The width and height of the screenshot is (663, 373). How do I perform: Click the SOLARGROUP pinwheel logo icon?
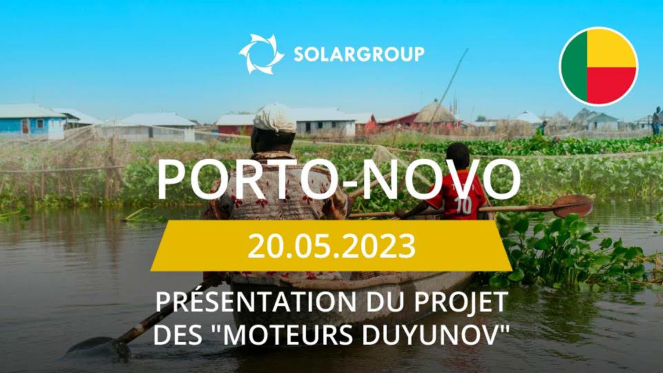click(261, 54)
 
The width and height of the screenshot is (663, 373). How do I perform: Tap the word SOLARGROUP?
click(359, 54)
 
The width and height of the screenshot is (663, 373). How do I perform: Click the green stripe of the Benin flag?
click(574, 66)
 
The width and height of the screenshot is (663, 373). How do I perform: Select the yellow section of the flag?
click(611, 48)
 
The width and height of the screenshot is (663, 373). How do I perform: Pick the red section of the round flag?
click(611, 85)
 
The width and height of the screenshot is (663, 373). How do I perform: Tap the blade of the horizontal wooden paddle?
click(571, 206)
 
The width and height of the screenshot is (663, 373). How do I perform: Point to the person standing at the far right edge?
click(657, 121)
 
